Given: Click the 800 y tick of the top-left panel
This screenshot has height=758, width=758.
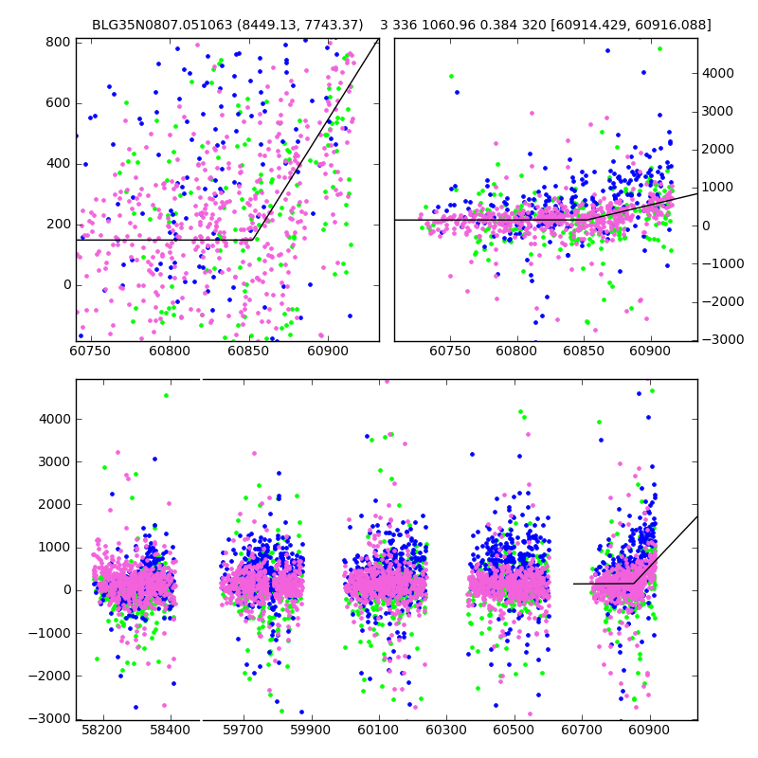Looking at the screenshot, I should tap(59, 42).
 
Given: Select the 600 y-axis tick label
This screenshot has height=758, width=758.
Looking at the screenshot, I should tap(59, 102).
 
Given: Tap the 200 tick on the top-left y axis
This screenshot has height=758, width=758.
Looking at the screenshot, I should tap(59, 224).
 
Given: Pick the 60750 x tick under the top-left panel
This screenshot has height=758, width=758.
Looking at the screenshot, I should tap(91, 352).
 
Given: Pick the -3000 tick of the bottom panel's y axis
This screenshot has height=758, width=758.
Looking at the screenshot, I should tap(50, 718).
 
